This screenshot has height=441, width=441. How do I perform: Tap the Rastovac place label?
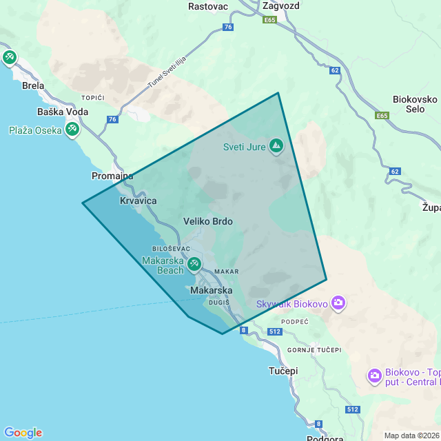(207, 6)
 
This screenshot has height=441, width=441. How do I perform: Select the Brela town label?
(33, 86)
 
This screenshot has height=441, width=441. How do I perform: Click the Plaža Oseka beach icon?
(72, 129)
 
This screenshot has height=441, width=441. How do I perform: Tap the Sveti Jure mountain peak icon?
(276, 145)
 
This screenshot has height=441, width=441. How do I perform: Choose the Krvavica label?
(139, 201)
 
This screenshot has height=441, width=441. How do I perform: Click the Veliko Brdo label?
(208, 222)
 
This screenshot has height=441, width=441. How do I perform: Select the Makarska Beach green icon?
(194, 263)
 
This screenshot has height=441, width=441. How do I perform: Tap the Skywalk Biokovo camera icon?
(338, 302)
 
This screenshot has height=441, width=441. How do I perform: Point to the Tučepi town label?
(283, 371)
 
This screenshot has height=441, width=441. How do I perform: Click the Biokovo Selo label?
(415, 104)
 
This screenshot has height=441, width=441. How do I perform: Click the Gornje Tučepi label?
(315, 350)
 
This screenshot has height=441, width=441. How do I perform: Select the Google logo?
(23, 433)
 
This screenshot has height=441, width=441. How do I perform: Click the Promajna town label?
(112, 176)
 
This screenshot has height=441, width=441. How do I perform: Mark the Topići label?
(92, 98)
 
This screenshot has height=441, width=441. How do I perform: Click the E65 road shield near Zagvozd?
(269, 21)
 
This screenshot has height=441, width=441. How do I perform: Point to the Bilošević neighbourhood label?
(165, 249)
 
